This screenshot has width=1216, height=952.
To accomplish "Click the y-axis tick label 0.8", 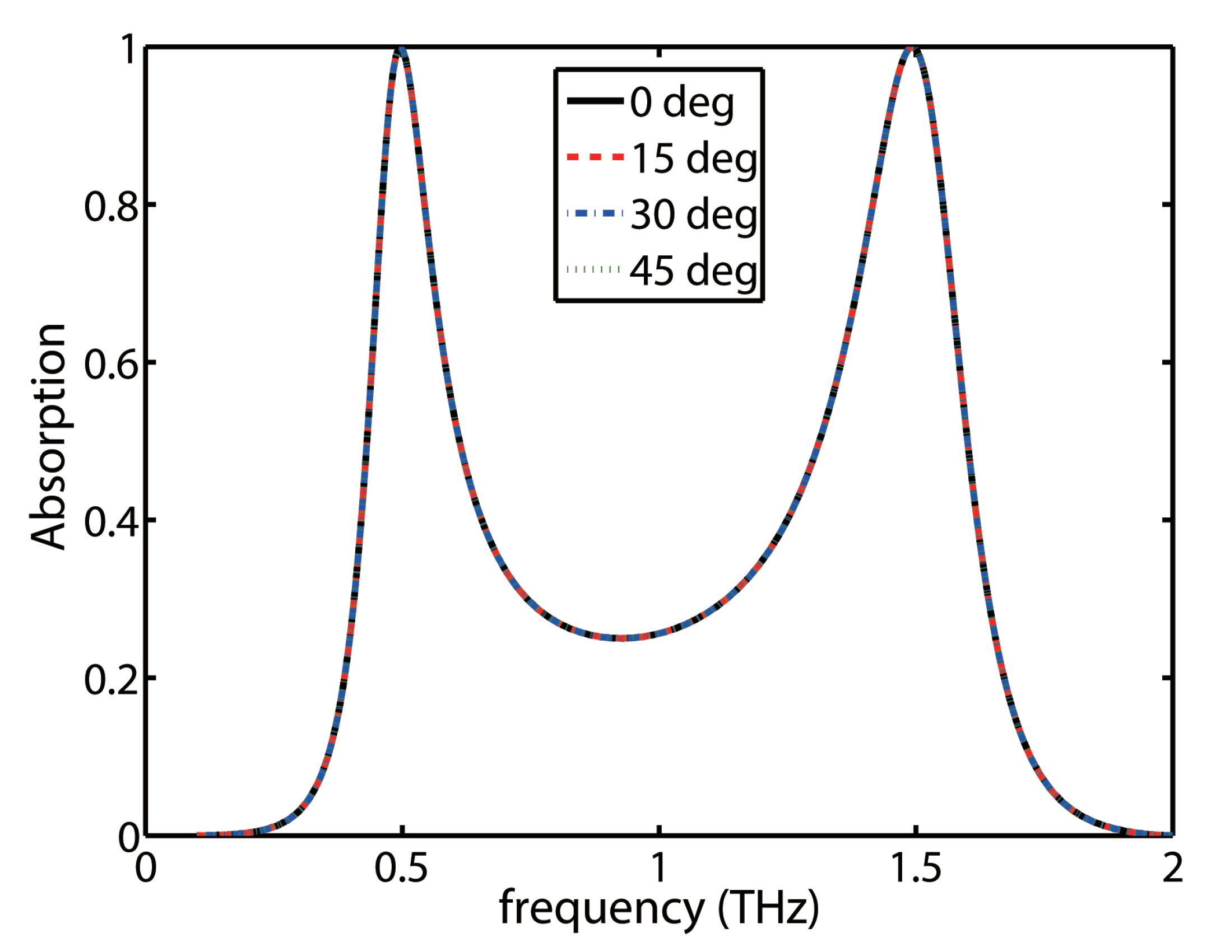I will pos(111,206).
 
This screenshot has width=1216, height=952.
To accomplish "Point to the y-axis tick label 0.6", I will pos(111,364).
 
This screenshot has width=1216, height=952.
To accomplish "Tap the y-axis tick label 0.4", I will pos(111,522).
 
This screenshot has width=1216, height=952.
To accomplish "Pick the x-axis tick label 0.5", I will pos(401,869).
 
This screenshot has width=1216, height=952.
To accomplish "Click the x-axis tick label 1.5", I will pos(915,869).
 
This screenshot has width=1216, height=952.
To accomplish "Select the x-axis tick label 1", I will pos(659,869).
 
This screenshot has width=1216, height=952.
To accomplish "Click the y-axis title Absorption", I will pos(48,437).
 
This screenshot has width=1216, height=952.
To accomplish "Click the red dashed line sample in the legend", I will pos(595,157).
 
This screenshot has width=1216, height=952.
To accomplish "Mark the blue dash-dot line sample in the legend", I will pos(595,213).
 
